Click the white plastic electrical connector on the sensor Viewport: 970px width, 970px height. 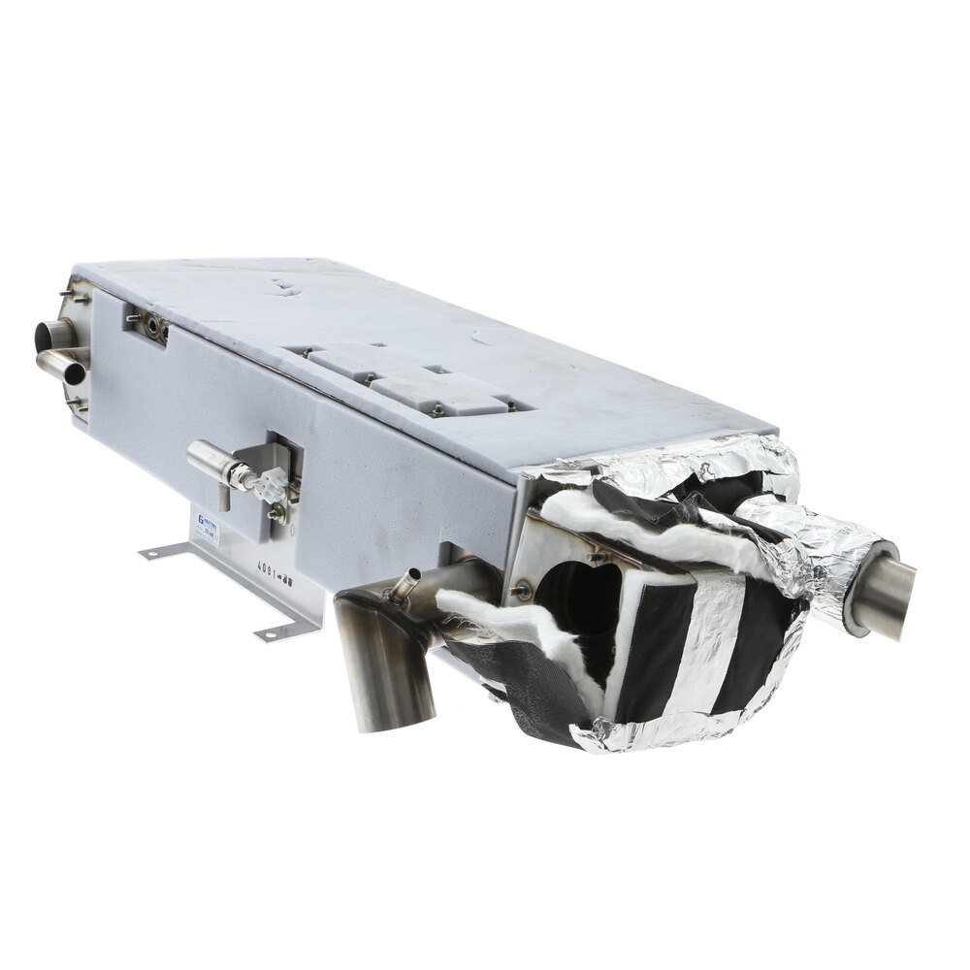[x=270, y=482]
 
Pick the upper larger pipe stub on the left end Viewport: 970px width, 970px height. [x=53, y=336]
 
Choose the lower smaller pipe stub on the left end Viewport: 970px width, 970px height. [x=60, y=366]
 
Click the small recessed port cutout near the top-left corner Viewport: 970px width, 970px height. [x=146, y=325]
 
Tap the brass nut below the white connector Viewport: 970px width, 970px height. [x=275, y=513]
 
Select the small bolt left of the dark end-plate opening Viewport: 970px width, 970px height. [x=525, y=586]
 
